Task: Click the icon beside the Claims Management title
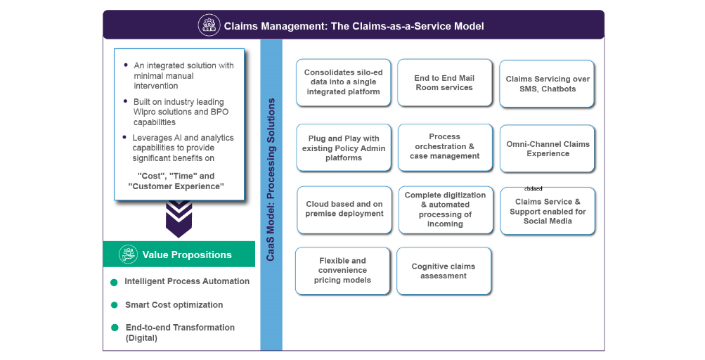[209, 25]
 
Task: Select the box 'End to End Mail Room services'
[444, 83]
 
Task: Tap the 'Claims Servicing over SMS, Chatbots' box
[548, 84]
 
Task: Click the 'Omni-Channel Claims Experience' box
[548, 148]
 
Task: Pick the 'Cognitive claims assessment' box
[444, 271]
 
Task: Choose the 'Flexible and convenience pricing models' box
[343, 271]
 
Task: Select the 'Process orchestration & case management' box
[444, 146]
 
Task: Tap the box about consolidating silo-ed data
[343, 82]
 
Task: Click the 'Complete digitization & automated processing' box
[445, 210]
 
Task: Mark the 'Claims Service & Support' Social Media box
[548, 211]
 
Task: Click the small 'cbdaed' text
[533, 188]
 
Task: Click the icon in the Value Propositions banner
[128, 255]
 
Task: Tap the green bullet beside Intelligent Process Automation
[114, 283]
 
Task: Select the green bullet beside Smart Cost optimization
[114, 306]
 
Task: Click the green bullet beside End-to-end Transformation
[114, 328]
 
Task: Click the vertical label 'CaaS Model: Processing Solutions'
[271, 180]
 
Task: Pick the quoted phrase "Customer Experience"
[176, 186]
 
